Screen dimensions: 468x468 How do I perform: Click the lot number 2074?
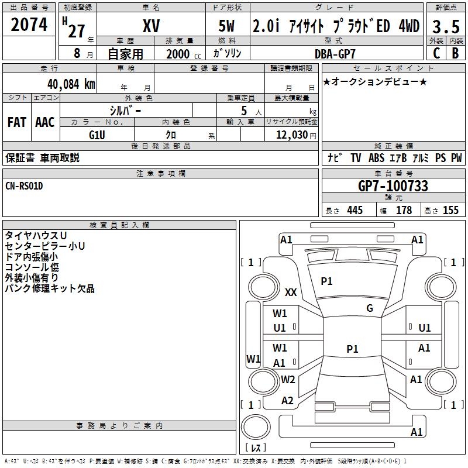tap(29, 25)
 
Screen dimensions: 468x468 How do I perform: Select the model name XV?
tap(151, 26)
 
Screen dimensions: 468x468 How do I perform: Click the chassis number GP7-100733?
tap(393, 186)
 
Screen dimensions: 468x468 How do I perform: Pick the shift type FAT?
tap(17, 122)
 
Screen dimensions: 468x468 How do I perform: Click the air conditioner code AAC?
tap(45, 122)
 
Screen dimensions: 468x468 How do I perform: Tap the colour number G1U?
tap(97, 135)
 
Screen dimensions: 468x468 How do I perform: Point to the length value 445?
tap(355, 210)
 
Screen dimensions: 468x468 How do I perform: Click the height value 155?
tap(450, 210)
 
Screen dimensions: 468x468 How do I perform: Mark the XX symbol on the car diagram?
tap(291, 292)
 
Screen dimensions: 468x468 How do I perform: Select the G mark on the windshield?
tap(370, 308)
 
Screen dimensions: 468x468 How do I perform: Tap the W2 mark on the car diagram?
tap(288, 379)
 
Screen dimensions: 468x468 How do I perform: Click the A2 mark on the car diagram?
tap(287, 401)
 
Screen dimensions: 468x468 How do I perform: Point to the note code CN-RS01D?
tap(24, 186)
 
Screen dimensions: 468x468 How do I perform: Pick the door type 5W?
tap(228, 26)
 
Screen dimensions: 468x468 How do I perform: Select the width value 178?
tap(404, 210)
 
